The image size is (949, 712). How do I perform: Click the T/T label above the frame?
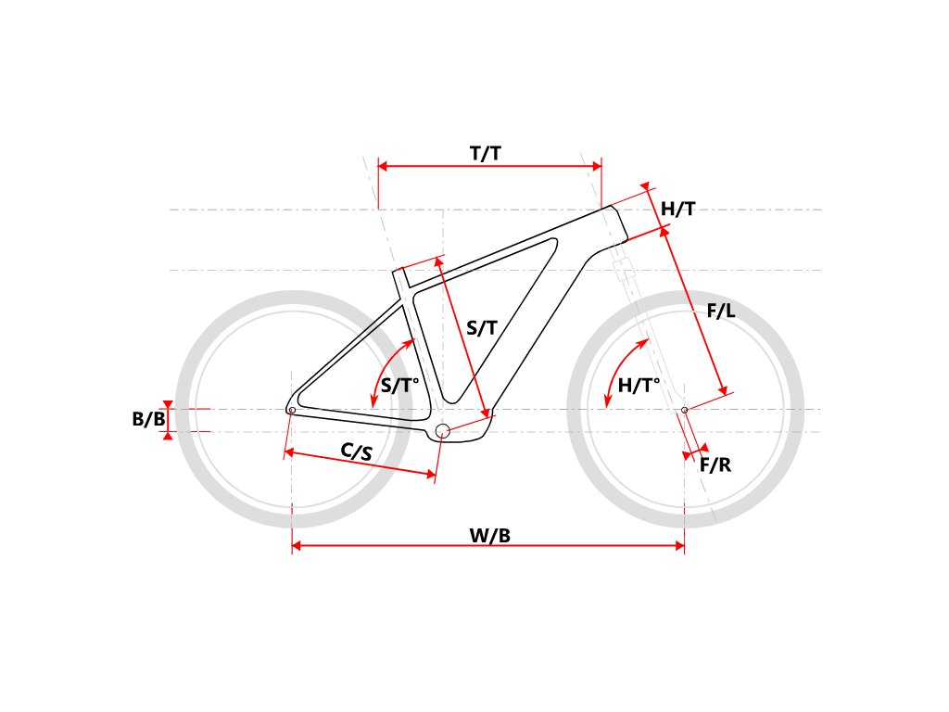[x=486, y=154]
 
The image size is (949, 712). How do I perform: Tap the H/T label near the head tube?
[x=677, y=210]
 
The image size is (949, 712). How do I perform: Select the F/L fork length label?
[x=720, y=311]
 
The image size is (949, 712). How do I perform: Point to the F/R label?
[x=715, y=464]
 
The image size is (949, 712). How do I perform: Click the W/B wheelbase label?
[x=489, y=535]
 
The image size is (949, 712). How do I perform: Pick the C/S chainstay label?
[x=357, y=451]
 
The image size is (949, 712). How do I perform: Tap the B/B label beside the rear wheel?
[x=148, y=419]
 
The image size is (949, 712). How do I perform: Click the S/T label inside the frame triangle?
[x=481, y=327]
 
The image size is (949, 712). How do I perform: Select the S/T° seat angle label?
[x=401, y=387]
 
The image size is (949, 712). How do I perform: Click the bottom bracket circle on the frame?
[x=442, y=430]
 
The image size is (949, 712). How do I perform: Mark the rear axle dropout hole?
[x=292, y=410]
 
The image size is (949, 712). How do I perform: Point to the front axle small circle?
[x=684, y=409]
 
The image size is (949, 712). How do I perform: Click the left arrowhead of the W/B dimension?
[x=297, y=547]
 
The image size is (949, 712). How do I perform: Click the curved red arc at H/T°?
[x=618, y=366]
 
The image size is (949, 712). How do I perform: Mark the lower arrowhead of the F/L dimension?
[x=725, y=389]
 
